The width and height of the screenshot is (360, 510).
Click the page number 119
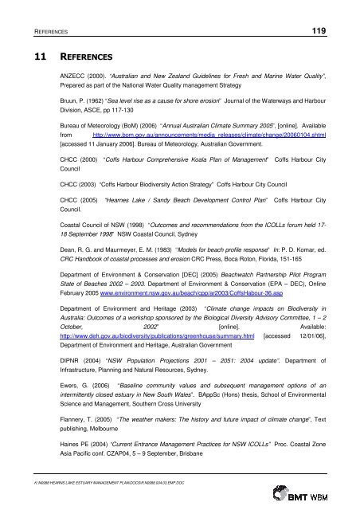(x=335, y=30)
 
